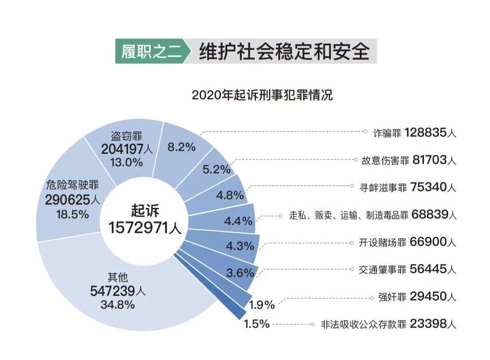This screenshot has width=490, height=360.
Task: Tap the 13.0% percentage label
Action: tap(127, 162)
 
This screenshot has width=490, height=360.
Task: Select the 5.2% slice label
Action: tap(216, 169)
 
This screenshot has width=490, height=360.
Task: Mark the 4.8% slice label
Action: tap(231, 194)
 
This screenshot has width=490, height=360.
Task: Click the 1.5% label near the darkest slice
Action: tap(256, 324)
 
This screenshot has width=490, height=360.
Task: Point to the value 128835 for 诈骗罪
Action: tap(424, 133)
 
